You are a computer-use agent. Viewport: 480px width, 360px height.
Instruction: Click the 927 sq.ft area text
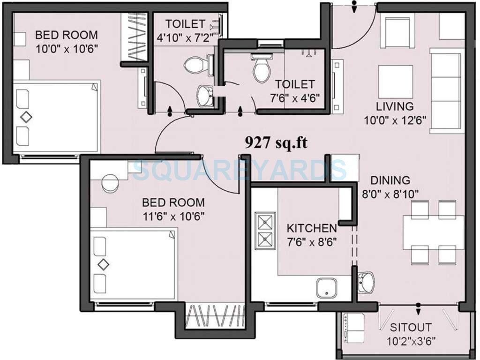(x=276, y=142)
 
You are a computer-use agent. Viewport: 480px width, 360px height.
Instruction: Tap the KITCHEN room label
(x=312, y=228)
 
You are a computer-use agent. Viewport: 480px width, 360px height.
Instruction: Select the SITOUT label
(x=411, y=327)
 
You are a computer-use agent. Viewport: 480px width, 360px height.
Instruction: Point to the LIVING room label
(x=395, y=106)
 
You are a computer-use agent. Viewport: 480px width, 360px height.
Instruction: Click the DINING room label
(x=390, y=180)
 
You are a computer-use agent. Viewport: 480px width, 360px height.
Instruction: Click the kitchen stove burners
(x=265, y=231)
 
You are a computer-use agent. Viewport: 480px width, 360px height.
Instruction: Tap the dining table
(x=434, y=231)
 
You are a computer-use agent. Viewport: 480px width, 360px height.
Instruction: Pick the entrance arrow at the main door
(x=355, y=7)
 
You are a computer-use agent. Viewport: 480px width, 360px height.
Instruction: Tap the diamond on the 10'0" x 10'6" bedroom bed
(x=26, y=117)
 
